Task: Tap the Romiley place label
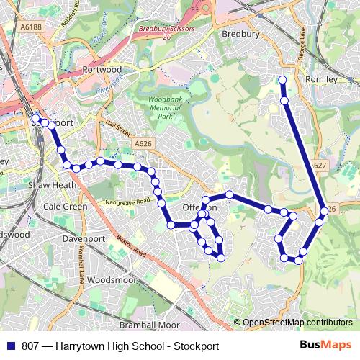pyautogui.click(x=321, y=78)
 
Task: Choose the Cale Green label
pyautogui.click(x=66, y=206)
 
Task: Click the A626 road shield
pyautogui.click(x=143, y=145)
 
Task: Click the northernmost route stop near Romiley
pyautogui.click(x=282, y=80)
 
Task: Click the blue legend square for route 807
pyautogui.click(x=11, y=345)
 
